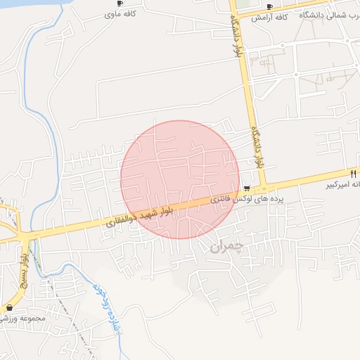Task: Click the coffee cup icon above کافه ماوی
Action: (120, 4)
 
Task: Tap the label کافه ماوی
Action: (119, 14)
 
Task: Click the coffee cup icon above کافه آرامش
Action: (269, 6)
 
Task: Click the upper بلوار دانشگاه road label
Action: (237, 36)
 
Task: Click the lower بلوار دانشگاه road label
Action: (257, 146)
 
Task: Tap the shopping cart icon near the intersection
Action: (247, 188)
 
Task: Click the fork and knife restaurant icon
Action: (353, 172)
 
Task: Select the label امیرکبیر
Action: (342, 186)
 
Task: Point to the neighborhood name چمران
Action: (226, 247)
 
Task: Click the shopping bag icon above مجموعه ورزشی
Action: (9, 308)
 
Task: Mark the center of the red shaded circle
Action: (179, 179)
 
